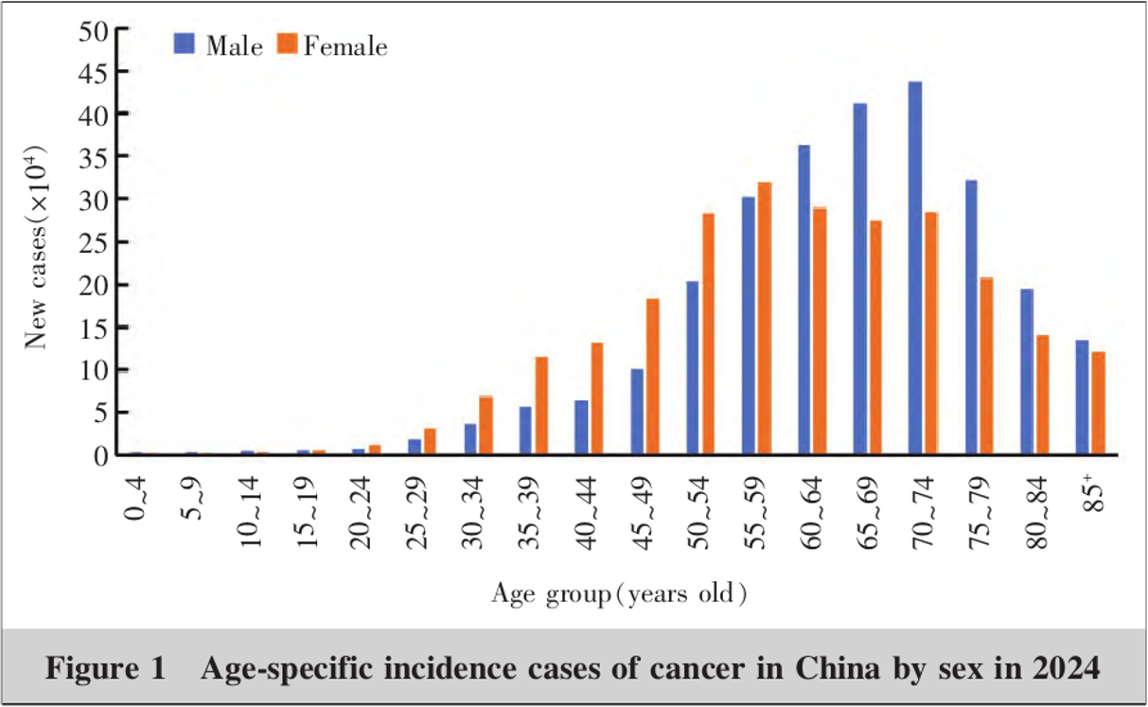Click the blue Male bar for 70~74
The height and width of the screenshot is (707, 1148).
(915, 268)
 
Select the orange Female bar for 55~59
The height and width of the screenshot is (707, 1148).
(764, 318)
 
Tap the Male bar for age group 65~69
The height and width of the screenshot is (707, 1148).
(860, 278)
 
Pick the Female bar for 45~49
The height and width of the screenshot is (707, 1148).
(653, 377)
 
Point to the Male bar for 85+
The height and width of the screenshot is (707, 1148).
(1082, 397)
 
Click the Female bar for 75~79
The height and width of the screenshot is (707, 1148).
(986, 365)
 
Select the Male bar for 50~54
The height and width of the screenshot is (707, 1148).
(693, 367)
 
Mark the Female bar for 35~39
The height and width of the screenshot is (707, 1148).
(541, 405)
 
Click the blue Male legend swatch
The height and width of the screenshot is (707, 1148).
(184, 44)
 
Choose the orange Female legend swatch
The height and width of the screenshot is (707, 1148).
(287, 44)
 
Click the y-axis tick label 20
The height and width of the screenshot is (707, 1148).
(93, 285)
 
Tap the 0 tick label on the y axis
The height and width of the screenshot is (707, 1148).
(101, 456)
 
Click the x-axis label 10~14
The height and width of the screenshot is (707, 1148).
(252, 513)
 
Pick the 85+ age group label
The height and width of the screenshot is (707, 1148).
(1093, 492)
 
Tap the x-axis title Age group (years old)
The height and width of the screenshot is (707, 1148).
(619, 594)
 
